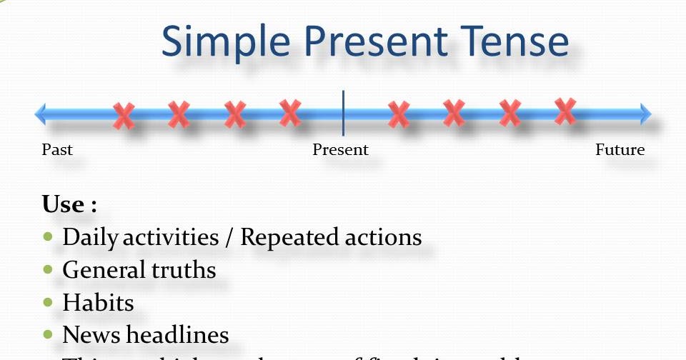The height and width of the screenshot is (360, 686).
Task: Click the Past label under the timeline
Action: [57, 150]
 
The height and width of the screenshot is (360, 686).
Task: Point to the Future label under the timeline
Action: [620, 150]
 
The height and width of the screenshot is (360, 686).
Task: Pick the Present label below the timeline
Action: [340, 150]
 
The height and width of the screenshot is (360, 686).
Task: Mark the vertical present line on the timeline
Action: [343, 113]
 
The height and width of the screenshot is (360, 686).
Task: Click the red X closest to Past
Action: [124, 115]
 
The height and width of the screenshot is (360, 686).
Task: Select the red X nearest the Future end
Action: [565, 111]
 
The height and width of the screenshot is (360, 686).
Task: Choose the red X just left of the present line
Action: [289, 111]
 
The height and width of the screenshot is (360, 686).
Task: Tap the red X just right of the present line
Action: [398, 114]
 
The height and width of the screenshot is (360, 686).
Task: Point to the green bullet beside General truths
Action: [49, 269]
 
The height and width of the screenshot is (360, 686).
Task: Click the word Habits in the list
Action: [98, 302]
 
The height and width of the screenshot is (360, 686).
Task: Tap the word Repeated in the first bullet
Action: [289, 237]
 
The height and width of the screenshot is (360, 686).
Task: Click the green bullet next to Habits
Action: [49, 302]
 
